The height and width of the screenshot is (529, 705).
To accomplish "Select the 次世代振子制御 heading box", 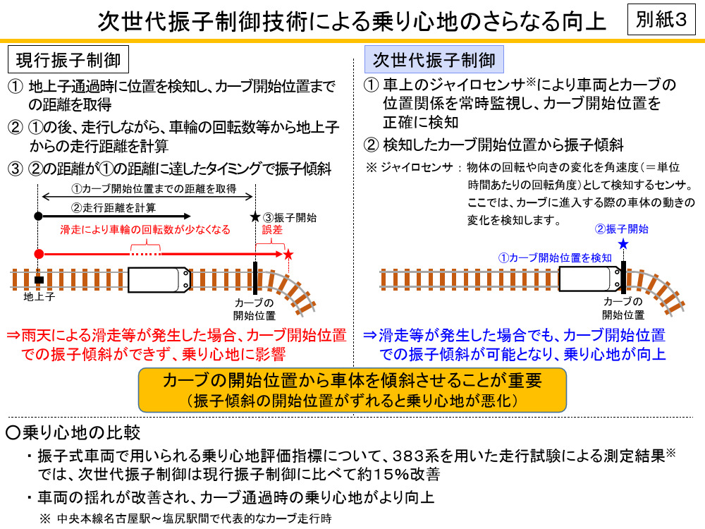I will pyautogui.click(x=434, y=60).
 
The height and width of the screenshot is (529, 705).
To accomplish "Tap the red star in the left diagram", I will pyautogui.click(x=288, y=253).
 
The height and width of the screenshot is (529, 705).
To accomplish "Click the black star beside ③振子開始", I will pyautogui.click(x=255, y=217).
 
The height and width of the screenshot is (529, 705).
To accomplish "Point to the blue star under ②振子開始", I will pyautogui.click(x=623, y=244).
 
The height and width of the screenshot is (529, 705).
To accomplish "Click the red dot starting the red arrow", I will pyautogui.click(x=39, y=253).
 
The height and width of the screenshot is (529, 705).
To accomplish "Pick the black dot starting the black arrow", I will pyautogui.click(x=39, y=215).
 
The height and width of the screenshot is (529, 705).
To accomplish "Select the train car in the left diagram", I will pyautogui.click(x=159, y=279).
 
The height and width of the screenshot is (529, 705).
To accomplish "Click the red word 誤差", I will pyautogui.click(x=272, y=230).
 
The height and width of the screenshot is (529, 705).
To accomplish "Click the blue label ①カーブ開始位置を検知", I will pyautogui.click(x=556, y=257).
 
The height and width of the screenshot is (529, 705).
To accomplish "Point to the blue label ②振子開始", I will pyautogui.click(x=622, y=229).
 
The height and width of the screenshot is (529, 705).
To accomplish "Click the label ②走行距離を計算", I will pyautogui.click(x=114, y=207).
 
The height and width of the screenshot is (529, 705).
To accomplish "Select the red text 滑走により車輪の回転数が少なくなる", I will pyautogui.click(x=145, y=230).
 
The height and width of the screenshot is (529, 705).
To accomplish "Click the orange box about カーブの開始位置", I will pyautogui.click(x=352, y=390).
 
